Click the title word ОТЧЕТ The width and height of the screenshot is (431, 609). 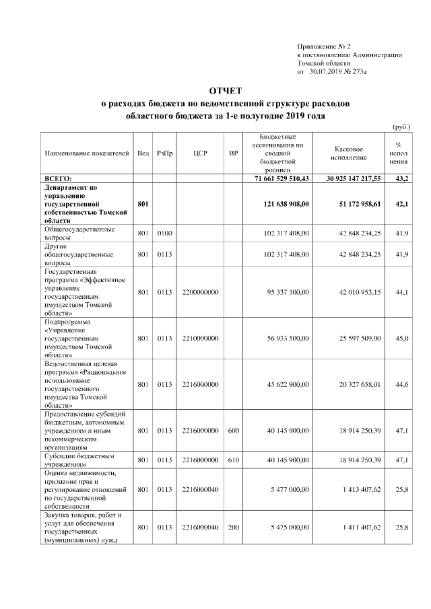[x=224, y=90]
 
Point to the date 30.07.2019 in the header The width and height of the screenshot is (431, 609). [x=326, y=71]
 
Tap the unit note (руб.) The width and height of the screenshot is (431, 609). [x=401, y=127]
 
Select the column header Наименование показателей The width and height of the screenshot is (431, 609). [x=86, y=153]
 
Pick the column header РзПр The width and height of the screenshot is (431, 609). [x=164, y=153]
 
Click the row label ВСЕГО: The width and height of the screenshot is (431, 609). [x=59, y=178]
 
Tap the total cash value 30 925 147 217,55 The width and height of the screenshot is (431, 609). [x=354, y=178]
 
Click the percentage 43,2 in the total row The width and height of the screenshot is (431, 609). [x=402, y=178]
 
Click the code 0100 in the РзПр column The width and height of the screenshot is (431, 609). [x=164, y=234]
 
